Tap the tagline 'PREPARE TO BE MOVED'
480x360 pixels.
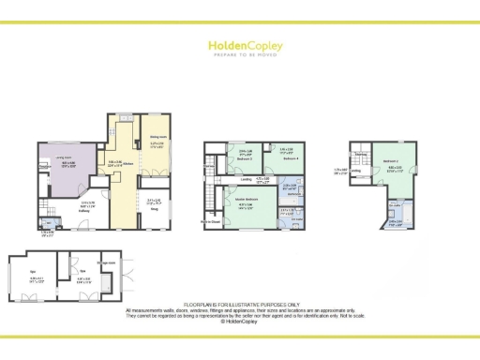240,54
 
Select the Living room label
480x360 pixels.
67,159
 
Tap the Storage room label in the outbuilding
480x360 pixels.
109,262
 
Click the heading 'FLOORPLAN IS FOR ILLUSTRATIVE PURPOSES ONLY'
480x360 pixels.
240,304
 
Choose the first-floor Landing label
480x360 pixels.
246,178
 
